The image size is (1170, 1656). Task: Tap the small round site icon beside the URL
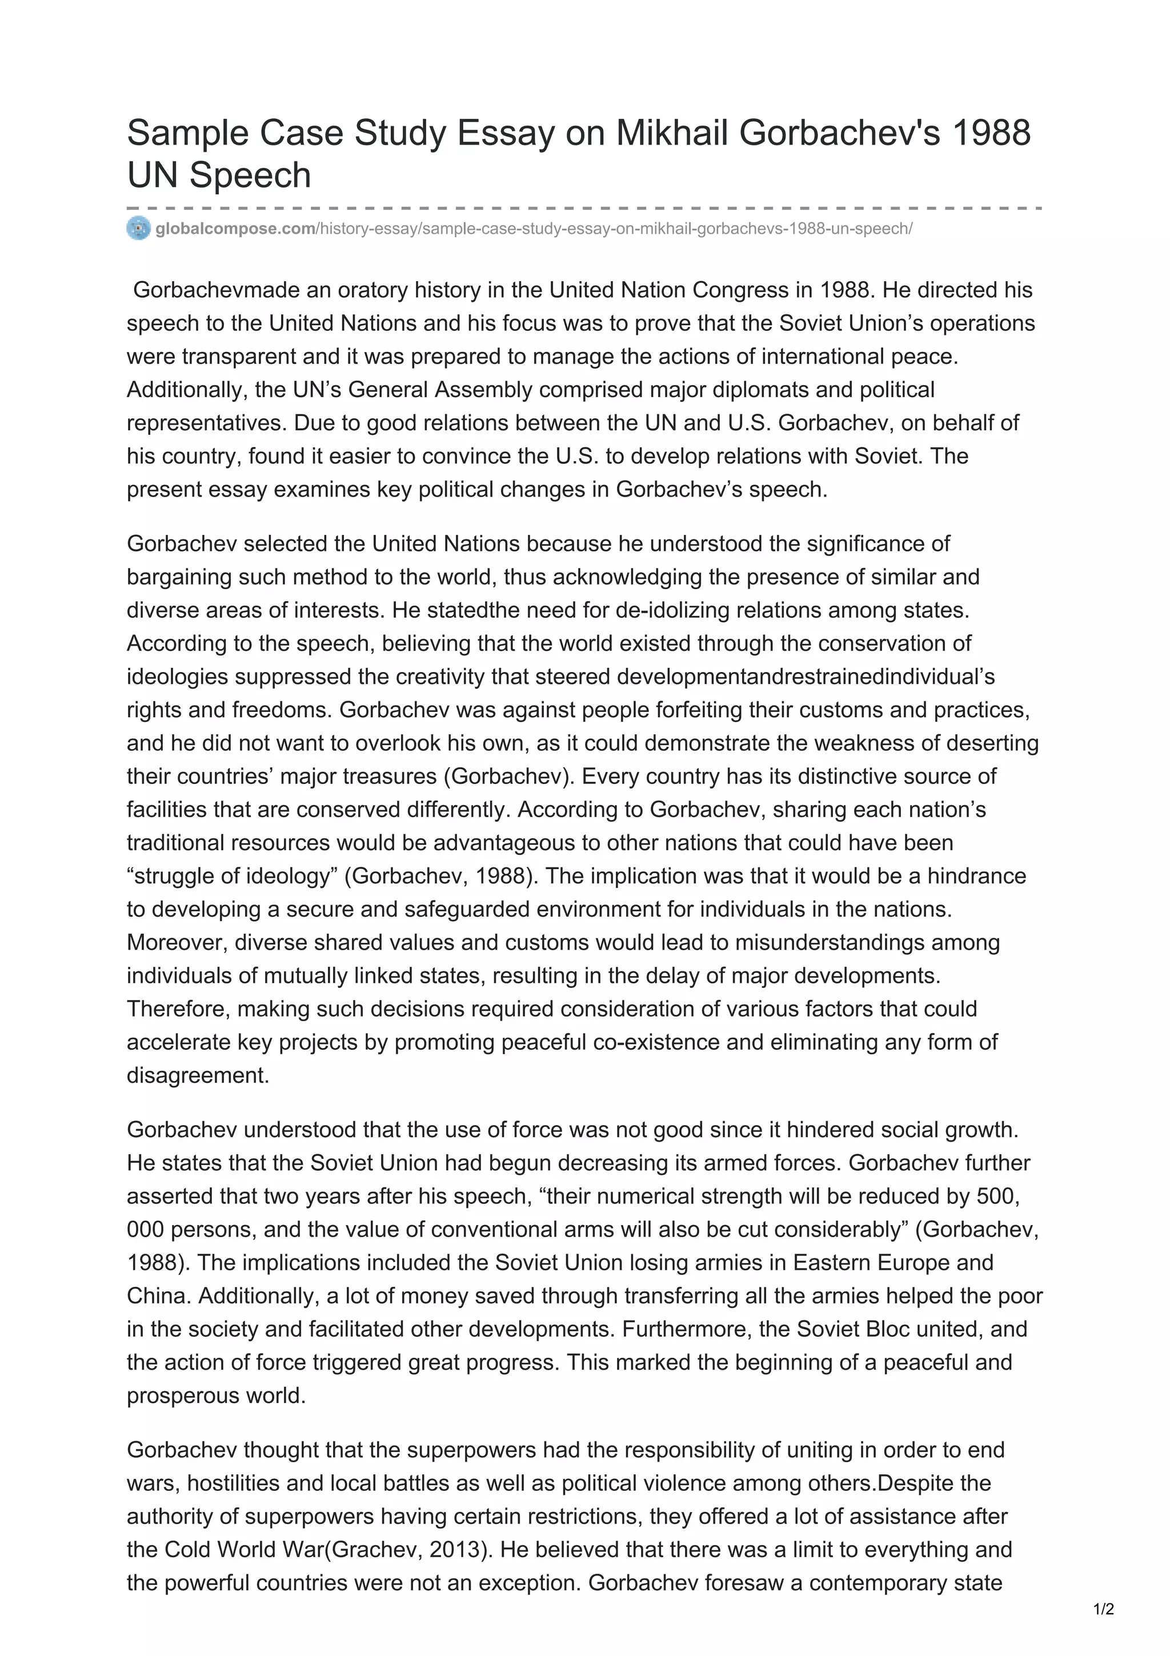138,228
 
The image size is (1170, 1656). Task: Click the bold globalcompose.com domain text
235,229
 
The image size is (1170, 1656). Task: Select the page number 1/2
1104,1609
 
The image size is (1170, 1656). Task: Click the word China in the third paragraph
158,1295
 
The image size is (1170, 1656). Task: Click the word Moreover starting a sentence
177,942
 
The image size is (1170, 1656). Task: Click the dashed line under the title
584,209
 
